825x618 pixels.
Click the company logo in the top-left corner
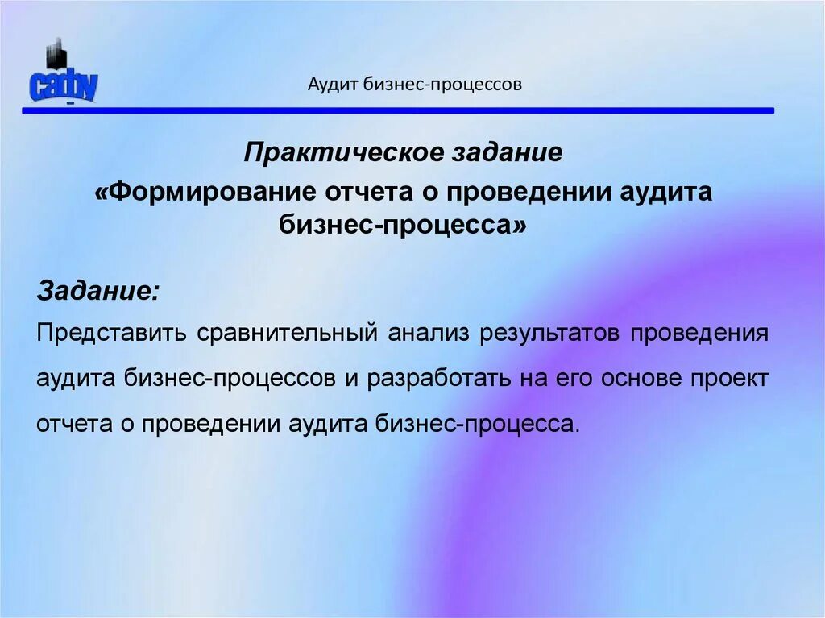pyautogui.click(x=63, y=78)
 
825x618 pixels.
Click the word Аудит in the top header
pyautogui.click(x=334, y=84)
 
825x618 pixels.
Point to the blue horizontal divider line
pyautogui.click(x=398, y=110)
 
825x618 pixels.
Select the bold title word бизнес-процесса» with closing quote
pyautogui.click(x=404, y=226)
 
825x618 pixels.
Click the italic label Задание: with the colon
pyautogui.click(x=98, y=291)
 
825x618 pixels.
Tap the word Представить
pyautogui.click(x=111, y=334)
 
